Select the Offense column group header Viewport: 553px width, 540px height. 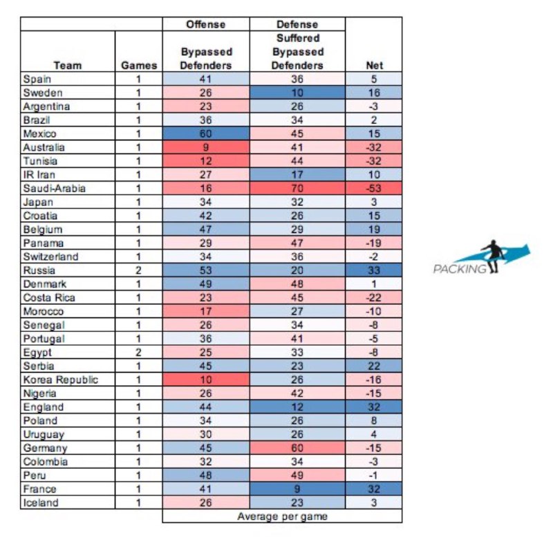point(205,24)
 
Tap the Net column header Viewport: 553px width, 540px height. point(373,66)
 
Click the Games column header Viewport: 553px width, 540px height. point(139,66)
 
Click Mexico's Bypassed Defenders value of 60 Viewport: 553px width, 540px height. point(205,133)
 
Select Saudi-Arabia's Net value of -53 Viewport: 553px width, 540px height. point(373,189)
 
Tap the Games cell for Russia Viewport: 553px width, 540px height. point(139,270)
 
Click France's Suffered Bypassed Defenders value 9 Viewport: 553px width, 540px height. point(297,489)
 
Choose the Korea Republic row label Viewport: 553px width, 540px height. point(61,380)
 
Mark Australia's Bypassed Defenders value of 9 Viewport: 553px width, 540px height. point(205,147)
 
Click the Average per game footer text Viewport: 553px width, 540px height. point(282,516)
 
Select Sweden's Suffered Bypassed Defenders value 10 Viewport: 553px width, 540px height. point(297,93)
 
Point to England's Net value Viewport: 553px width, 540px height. point(373,407)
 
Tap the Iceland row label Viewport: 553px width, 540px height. point(42,503)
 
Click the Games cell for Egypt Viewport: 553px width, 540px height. point(139,353)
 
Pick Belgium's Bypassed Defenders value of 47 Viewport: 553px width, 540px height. point(205,230)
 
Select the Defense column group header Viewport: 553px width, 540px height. point(297,24)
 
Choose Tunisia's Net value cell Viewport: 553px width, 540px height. point(373,161)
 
